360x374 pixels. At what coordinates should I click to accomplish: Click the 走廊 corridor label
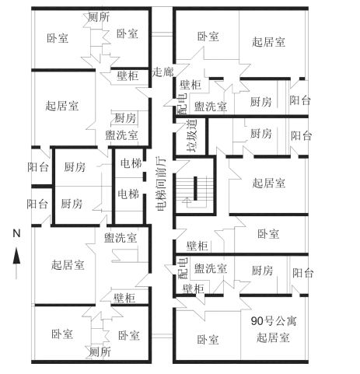point(163,72)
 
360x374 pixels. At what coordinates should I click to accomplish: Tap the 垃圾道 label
point(192,136)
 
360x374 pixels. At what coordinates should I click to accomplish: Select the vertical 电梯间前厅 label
point(161,184)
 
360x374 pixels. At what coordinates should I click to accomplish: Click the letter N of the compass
point(16,233)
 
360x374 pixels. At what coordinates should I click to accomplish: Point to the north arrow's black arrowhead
point(16,256)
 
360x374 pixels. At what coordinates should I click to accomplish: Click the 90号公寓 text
point(274,321)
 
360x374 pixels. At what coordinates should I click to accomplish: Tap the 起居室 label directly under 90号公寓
point(273,337)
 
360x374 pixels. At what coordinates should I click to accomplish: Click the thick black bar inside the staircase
point(195,188)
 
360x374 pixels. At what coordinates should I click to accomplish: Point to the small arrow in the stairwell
point(186,200)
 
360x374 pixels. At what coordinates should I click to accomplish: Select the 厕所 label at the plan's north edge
point(99,17)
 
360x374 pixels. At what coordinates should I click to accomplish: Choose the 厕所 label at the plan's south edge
point(100,352)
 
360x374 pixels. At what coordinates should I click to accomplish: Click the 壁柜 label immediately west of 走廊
point(128,76)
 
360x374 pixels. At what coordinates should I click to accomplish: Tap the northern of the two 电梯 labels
point(131,163)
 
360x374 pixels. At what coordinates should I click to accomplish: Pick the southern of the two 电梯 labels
point(128,194)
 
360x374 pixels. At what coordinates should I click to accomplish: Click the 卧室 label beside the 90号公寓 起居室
point(208,340)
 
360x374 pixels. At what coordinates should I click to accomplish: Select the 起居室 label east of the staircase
point(269,184)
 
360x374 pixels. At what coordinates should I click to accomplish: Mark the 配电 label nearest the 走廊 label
point(183,103)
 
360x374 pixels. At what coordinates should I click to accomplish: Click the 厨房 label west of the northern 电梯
point(75,167)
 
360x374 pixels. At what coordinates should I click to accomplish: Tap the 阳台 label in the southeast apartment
point(302,273)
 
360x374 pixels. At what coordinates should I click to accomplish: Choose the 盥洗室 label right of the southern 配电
point(211,268)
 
